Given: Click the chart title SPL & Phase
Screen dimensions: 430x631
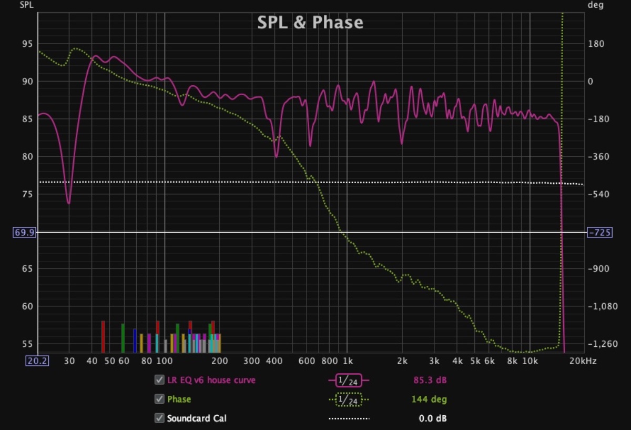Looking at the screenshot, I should pyautogui.click(x=310, y=22).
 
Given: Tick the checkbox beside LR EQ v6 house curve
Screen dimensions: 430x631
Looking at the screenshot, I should pyautogui.click(x=159, y=380).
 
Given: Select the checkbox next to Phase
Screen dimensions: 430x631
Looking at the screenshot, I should pyautogui.click(x=159, y=399).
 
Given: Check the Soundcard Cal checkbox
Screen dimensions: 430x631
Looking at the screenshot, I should pyautogui.click(x=159, y=418).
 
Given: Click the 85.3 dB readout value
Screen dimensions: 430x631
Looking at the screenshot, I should pyautogui.click(x=430, y=380).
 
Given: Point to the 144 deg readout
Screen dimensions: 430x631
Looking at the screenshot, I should pyautogui.click(x=429, y=399).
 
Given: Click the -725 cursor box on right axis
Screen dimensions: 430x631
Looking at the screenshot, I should pyautogui.click(x=598, y=232).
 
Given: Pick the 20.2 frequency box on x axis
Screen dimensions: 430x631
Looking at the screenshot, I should pyautogui.click(x=37, y=361).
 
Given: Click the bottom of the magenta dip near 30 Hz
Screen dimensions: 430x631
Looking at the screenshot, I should pyautogui.click(x=68, y=203).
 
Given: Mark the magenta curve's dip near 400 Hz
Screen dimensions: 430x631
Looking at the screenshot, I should pyautogui.click(x=276, y=156).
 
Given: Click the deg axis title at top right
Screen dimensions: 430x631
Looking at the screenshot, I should pyautogui.click(x=595, y=5).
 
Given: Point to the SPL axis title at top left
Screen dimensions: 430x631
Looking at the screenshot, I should pyautogui.click(x=26, y=5).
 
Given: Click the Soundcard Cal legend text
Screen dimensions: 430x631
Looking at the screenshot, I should pyautogui.click(x=197, y=419).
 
